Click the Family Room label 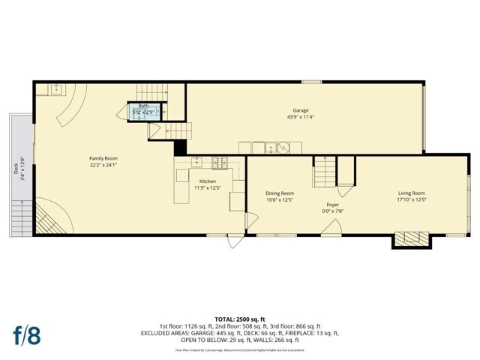[103, 158]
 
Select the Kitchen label [207, 181]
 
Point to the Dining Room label [279, 193]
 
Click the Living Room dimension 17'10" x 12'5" [411, 199]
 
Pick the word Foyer [333, 205]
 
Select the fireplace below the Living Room [411, 240]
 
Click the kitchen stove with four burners [220, 161]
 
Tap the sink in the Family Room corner [56, 90]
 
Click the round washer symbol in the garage [283, 147]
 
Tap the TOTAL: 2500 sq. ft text [240, 319]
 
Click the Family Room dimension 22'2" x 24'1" [103, 165]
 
